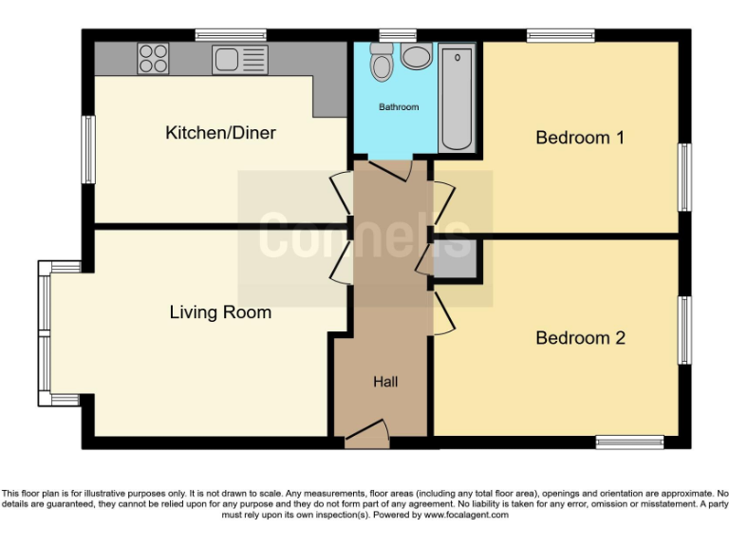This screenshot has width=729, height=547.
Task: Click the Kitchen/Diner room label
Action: [x=220, y=133]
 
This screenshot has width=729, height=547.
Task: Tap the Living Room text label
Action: [x=220, y=312]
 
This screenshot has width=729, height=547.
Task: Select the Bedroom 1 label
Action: [x=580, y=138]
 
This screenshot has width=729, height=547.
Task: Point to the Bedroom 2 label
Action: [x=580, y=338]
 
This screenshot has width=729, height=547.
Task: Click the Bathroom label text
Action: [x=399, y=107]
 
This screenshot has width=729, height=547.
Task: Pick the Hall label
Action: [x=385, y=383]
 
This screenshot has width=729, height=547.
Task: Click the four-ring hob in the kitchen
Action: [x=154, y=59]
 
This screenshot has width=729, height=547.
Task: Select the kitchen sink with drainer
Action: [x=240, y=60]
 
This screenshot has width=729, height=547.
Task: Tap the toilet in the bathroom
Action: [x=383, y=63]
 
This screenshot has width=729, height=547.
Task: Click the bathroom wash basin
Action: [x=417, y=57]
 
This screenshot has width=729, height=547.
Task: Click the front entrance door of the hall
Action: [x=367, y=436]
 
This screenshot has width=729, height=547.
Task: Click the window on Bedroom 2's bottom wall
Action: [x=629, y=442]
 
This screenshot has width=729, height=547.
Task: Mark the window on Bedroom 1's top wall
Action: [x=561, y=36]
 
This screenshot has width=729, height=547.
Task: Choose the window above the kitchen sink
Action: [x=231, y=36]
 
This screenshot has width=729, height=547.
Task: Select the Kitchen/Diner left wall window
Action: [x=87, y=150]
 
